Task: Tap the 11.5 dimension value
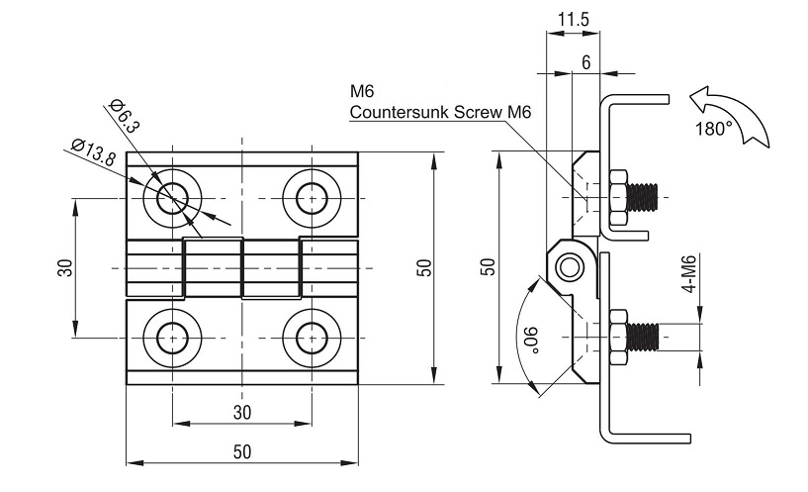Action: pos(573,20)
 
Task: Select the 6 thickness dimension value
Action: pos(585,62)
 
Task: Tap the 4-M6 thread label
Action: pos(689,274)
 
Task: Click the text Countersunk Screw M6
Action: pos(440,112)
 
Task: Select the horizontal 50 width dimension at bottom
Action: pos(242,451)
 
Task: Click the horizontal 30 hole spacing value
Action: pos(242,412)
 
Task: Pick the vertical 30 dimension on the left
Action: pos(66,267)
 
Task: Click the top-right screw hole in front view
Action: pos(312,199)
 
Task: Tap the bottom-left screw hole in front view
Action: pos(173,338)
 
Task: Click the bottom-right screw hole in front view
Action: pos(312,338)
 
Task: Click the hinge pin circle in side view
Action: pos(570,267)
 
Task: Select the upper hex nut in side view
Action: pos(618,198)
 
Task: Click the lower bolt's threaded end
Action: pos(643,338)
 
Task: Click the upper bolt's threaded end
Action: pos(643,197)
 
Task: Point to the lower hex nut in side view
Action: pos(618,338)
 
